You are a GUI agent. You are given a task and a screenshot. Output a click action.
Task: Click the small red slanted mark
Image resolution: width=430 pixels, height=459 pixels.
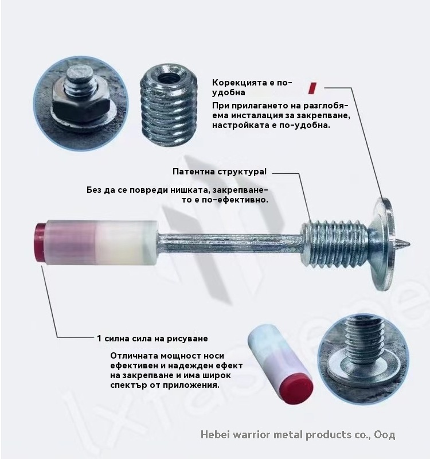[312, 88]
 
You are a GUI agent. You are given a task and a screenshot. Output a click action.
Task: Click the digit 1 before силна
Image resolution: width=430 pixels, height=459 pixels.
[99, 339]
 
